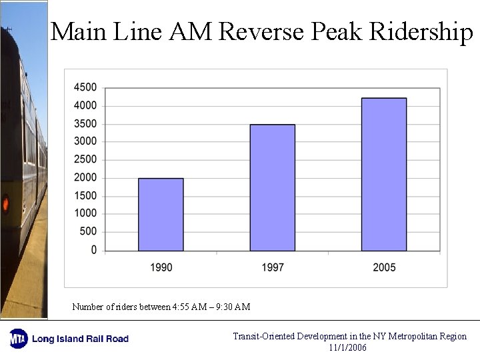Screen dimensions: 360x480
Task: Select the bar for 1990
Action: point(161,214)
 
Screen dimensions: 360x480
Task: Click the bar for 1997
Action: point(272,187)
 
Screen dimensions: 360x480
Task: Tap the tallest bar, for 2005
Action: point(384,174)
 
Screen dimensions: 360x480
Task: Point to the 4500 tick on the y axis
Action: point(85,87)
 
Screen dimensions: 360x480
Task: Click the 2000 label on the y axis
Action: point(85,177)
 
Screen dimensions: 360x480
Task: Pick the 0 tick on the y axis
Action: point(93,250)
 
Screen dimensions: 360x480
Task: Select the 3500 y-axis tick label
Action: point(85,123)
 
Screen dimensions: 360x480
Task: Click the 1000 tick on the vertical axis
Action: point(85,213)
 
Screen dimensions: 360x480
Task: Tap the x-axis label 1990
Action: point(161,267)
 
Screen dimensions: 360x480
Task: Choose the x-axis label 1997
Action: point(272,267)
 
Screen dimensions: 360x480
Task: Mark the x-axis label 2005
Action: point(384,267)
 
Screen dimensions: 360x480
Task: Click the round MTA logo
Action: point(18,339)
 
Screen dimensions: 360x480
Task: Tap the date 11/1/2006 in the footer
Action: point(347,347)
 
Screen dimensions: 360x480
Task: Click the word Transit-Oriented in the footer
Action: point(263,336)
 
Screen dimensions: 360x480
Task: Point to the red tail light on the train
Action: point(6,203)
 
